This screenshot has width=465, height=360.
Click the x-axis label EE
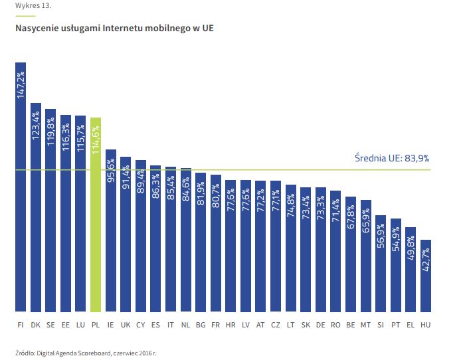tap(65, 325)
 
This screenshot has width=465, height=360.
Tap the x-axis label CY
tap(140, 325)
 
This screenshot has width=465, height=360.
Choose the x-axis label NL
tap(185, 325)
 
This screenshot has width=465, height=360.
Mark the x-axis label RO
tap(335, 325)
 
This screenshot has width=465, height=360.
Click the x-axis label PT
tap(396, 325)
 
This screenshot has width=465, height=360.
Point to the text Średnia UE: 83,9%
tap(392, 159)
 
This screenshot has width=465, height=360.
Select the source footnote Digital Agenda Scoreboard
tap(86, 352)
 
